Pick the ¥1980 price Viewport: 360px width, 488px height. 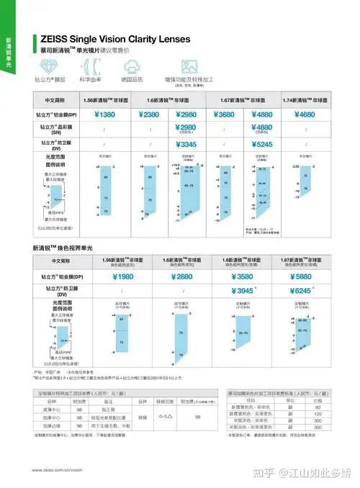coord(105,276)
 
